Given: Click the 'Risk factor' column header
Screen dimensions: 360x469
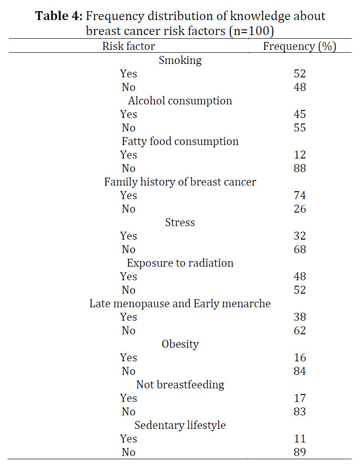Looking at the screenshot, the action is [x=129, y=46].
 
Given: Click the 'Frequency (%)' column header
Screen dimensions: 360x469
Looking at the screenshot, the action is [x=299, y=46].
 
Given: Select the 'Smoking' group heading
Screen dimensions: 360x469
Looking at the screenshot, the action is [x=180, y=61].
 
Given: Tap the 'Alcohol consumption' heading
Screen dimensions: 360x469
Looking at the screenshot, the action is [x=180, y=101].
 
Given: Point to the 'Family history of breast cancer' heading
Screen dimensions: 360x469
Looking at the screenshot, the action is [x=180, y=182].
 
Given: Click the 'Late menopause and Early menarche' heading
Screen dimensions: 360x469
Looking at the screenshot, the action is [x=180, y=303].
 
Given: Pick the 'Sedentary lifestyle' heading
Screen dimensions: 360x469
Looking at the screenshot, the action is [x=180, y=425].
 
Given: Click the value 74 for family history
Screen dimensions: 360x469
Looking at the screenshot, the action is [x=299, y=195].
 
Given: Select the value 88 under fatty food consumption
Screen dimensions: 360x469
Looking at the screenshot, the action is [x=299, y=168].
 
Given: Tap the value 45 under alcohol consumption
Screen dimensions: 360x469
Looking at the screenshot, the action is [x=299, y=114].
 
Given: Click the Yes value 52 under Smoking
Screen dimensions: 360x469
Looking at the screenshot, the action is [x=299, y=74].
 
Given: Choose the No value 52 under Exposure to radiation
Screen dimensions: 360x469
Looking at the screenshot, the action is [x=299, y=290].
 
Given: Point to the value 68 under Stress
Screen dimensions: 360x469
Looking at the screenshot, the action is [x=299, y=249].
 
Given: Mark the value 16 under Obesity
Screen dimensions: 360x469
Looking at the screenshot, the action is [x=299, y=358].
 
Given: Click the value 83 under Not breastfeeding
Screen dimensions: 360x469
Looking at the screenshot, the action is [x=299, y=412].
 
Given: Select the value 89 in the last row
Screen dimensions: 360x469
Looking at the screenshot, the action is [x=299, y=452].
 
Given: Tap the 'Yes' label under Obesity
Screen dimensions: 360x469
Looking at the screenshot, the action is [x=129, y=358].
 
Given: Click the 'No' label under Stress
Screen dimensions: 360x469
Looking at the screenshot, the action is [x=129, y=249].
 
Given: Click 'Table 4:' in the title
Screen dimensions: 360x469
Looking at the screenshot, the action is [x=59, y=16].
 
